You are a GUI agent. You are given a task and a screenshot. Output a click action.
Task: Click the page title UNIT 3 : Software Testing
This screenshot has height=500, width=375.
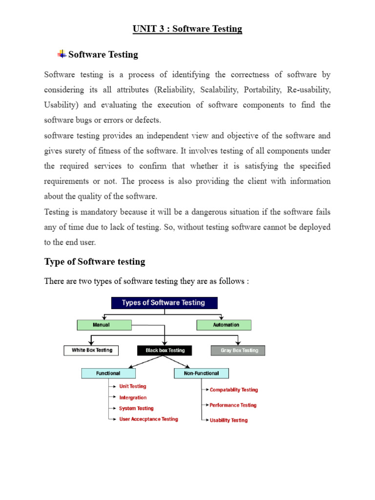(x=187, y=29)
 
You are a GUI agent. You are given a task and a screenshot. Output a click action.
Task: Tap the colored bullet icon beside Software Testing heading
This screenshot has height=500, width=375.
(x=62, y=54)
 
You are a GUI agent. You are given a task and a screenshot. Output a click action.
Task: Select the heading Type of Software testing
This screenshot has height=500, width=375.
(x=95, y=262)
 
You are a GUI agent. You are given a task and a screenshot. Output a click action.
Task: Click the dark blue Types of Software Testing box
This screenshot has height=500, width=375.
(x=164, y=303)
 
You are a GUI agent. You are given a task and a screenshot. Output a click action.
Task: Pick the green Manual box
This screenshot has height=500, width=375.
(x=104, y=325)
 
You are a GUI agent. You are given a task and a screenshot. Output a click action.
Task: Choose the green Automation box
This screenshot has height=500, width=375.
(x=224, y=325)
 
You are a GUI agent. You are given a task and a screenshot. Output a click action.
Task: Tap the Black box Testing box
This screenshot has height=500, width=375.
(x=165, y=350)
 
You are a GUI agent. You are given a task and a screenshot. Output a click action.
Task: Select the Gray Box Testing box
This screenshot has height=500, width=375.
(x=238, y=350)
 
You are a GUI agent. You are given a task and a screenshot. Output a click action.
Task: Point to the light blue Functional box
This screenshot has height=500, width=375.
(x=108, y=374)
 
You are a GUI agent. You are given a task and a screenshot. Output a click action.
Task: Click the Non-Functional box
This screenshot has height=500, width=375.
(x=201, y=374)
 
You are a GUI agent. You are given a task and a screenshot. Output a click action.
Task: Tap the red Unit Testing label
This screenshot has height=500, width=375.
(x=133, y=386)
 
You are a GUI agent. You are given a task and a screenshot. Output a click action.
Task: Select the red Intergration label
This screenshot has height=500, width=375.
(x=133, y=397)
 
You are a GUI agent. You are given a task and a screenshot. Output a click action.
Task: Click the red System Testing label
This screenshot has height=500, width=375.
(x=136, y=408)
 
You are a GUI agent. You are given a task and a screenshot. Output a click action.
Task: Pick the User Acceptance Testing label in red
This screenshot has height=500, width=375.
(x=148, y=419)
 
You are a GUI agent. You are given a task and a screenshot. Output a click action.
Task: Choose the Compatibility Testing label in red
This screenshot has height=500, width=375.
(x=233, y=390)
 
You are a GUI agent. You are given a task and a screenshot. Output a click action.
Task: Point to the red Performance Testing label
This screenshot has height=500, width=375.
(x=233, y=405)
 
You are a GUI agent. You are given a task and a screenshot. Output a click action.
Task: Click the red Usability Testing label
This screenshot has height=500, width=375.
(x=229, y=420)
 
